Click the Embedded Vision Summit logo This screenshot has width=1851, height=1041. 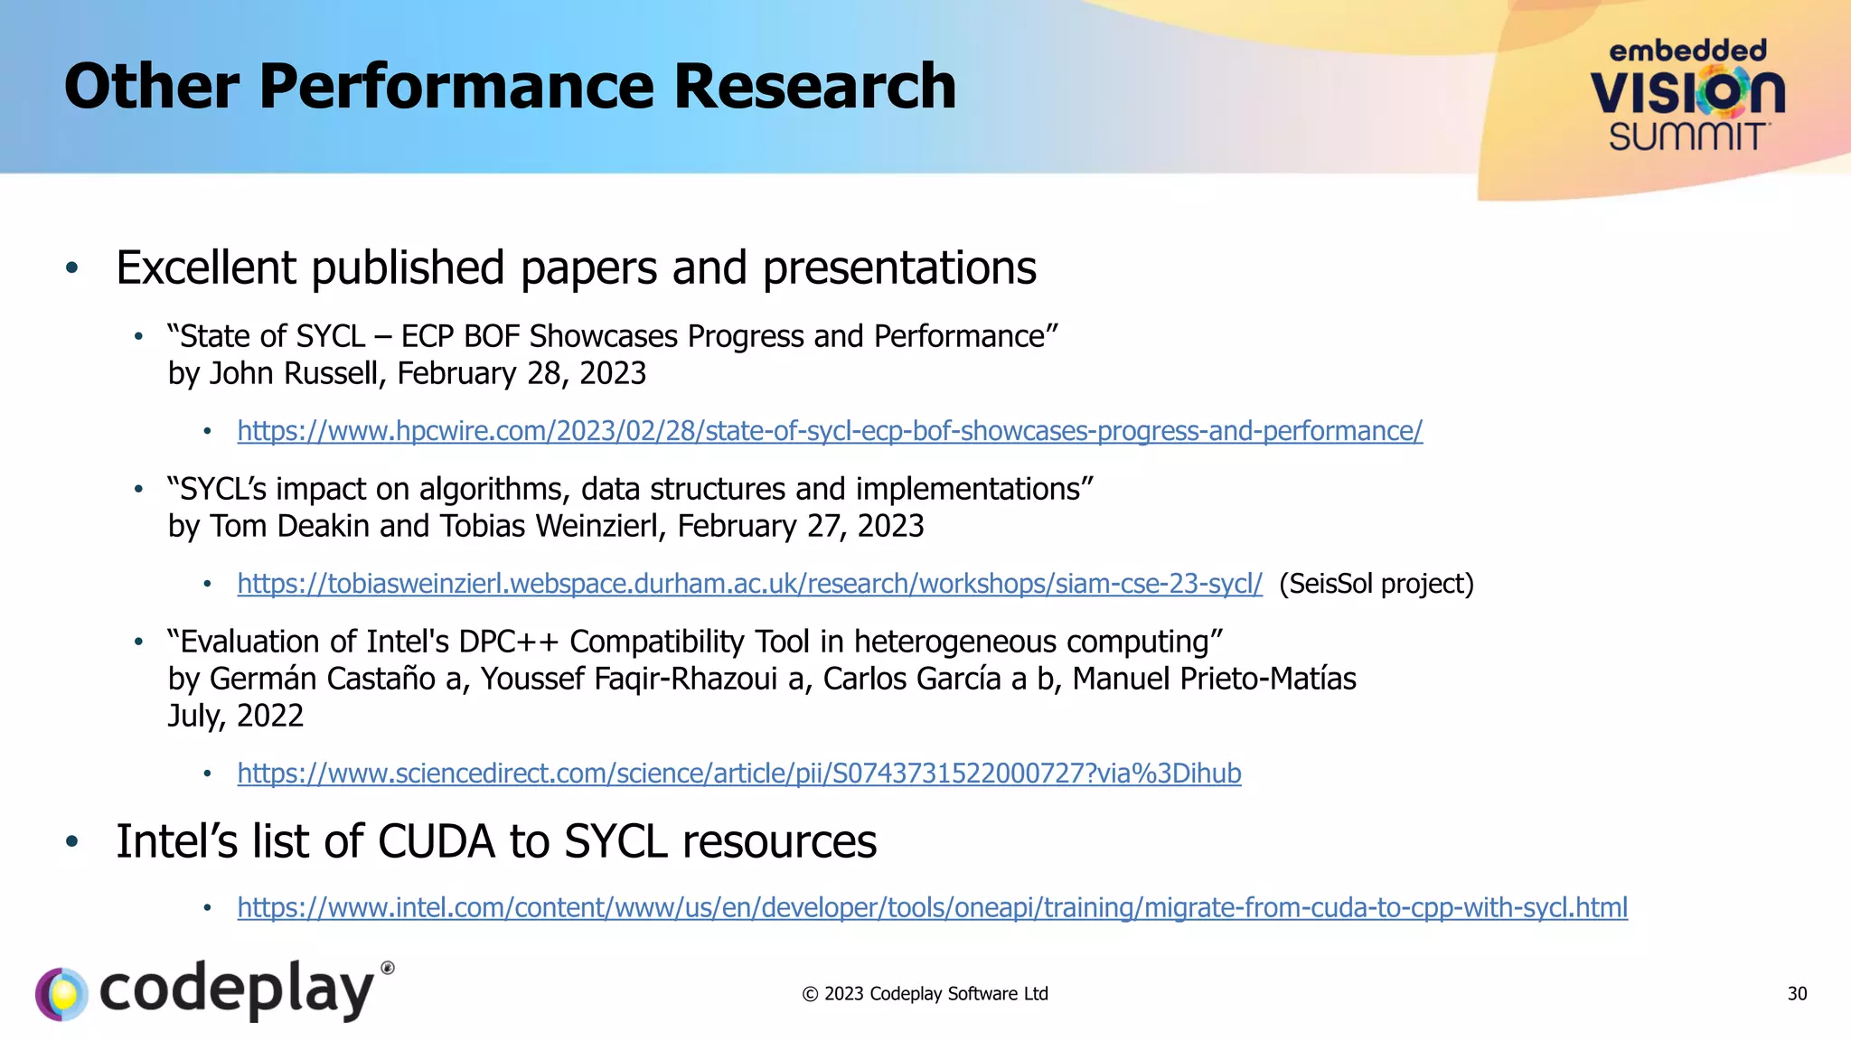tap(1687, 96)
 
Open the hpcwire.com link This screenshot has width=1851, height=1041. tap(829, 431)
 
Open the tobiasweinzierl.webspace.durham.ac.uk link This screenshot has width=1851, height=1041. tap(749, 584)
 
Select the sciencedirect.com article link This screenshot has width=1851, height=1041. tap(738, 774)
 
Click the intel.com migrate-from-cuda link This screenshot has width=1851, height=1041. tap(932, 907)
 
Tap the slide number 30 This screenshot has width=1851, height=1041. tap(1797, 994)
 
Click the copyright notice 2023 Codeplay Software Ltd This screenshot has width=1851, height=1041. tap(925, 994)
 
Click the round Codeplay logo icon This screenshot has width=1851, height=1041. tap(61, 994)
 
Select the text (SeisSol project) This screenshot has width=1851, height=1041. tap(1376, 584)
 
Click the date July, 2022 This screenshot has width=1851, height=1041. tap(235, 716)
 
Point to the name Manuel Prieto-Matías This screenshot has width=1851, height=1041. tap(1214, 679)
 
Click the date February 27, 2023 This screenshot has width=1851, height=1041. tap(800, 526)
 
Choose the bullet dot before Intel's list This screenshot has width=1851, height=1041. tap(72, 842)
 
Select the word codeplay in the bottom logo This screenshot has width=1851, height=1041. tap(237, 990)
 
